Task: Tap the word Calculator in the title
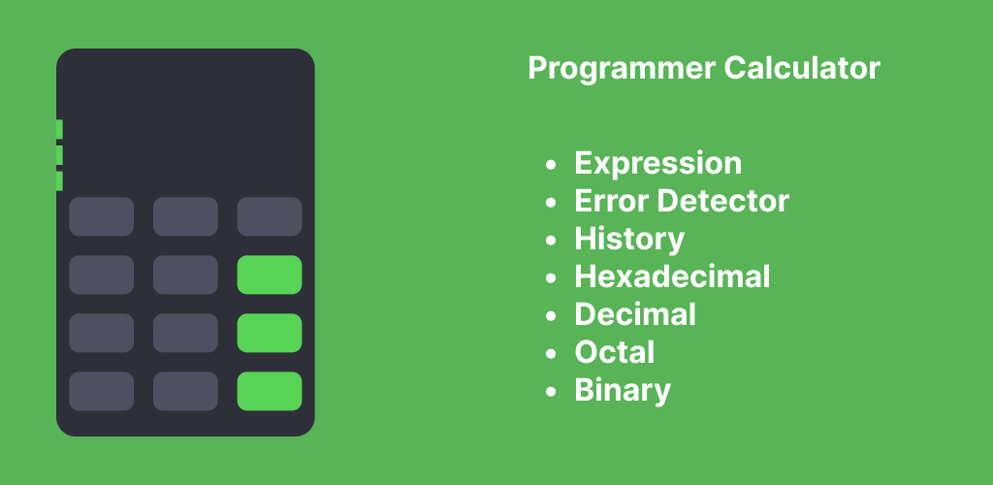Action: coord(802,67)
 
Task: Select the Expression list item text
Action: coord(658,164)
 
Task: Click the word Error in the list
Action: coord(612,201)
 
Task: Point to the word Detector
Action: coord(723,201)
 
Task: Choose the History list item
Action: coord(629,240)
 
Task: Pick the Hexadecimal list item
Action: coord(672,276)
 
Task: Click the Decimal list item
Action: coord(635,314)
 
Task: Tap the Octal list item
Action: coord(614,352)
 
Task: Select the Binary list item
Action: coord(623,391)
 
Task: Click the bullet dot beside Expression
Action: coord(551,165)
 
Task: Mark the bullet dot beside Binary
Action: coord(551,392)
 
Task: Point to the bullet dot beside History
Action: coord(551,241)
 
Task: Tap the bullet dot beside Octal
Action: coord(551,354)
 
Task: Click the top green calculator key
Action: coord(270,275)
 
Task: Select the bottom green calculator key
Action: coord(270,391)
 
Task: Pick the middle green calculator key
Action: coord(270,333)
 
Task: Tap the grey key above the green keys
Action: coord(270,216)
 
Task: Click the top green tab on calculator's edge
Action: coord(59,129)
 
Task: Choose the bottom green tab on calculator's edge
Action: coord(59,181)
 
